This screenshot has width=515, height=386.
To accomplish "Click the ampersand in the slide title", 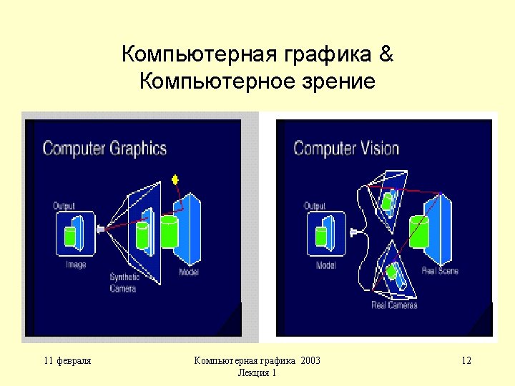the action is point(385,54).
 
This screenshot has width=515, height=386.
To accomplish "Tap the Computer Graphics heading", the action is point(104,149).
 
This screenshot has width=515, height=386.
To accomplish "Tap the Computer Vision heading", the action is point(346,149).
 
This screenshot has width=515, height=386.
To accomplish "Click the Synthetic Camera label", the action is point(124,283).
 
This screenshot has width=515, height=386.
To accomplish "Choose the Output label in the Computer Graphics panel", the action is point(64,206).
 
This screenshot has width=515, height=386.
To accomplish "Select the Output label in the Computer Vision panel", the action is point(315,206).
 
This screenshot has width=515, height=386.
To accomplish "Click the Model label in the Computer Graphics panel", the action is point(189,273).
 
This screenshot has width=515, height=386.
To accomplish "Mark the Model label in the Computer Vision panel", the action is point(325,265).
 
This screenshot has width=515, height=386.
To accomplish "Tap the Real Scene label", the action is point(440,271).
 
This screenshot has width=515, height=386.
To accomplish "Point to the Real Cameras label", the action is point(394,305).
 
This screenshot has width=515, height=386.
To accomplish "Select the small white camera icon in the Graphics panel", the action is point(101,229).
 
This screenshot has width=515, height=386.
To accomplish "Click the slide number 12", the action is point(466,361).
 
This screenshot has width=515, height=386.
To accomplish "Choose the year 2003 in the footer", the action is point(310,361).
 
